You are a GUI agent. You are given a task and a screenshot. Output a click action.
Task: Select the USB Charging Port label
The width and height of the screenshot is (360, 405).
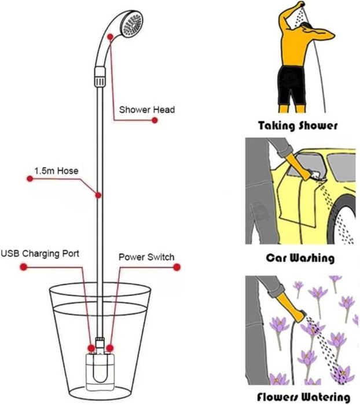pyautogui.click(x=40, y=253)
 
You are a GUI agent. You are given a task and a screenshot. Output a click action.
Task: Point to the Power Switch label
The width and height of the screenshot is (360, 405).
pyautogui.click(x=146, y=257)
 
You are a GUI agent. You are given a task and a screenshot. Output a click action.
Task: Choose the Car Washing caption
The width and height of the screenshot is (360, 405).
pyautogui.click(x=299, y=258)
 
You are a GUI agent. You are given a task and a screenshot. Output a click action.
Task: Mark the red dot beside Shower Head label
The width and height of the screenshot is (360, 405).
pyautogui.click(x=155, y=120)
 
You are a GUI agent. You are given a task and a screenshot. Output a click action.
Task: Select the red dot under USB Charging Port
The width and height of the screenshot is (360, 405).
pyautogui.click(x=23, y=267)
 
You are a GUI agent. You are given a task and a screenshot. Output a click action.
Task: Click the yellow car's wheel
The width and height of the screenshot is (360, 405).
pyautogui.click(x=347, y=226)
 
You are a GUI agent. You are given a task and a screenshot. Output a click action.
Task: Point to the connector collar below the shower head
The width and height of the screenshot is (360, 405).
pyautogui.click(x=100, y=75)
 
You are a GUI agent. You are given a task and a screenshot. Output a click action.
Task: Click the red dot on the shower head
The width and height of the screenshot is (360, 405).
pyautogui.click(x=109, y=37)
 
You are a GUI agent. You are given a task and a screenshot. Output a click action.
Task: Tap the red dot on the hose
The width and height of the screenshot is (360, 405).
pyautogui.click(x=99, y=195)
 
